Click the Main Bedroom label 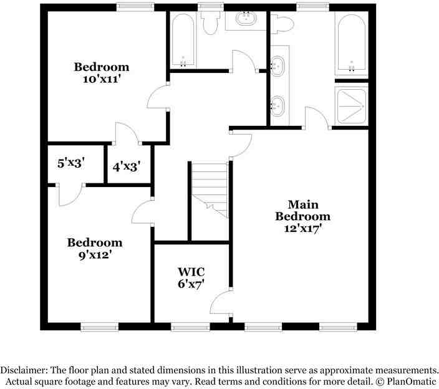(x=302, y=211)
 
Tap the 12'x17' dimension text (x=302, y=229)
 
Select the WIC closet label (x=191, y=272)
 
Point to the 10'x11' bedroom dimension (x=102, y=79)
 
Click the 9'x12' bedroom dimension (x=95, y=255)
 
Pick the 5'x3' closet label (x=71, y=163)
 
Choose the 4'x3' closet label (x=126, y=167)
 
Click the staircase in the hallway (x=210, y=190)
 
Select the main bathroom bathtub (x=352, y=44)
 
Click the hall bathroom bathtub (x=183, y=41)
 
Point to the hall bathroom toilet (x=210, y=23)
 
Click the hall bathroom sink (x=246, y=19)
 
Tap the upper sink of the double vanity (x=277, y=66)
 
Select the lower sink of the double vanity (x=277, y=106)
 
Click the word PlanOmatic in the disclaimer (x=412, y=382)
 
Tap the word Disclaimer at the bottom (x=24, y=370)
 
